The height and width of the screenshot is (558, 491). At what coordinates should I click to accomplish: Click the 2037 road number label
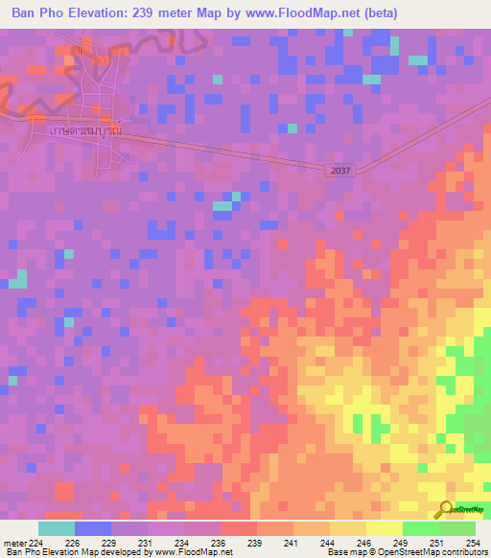point(339,171)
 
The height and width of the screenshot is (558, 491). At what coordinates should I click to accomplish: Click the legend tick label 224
point(36,542)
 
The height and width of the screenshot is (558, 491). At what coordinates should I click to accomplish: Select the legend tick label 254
point(473,542)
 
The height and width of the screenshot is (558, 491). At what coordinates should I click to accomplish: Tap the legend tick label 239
point(255,542)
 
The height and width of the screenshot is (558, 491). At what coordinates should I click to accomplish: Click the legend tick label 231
point(146,542)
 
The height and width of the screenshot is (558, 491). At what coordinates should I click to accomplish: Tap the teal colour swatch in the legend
point(56,528)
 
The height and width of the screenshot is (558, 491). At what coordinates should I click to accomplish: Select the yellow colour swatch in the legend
point(384,528)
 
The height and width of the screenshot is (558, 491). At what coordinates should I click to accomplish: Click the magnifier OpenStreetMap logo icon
point(444,510)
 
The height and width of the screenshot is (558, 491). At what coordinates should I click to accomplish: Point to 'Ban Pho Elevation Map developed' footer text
point(67,552)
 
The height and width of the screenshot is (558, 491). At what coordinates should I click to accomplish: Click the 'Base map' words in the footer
point(340,552)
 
